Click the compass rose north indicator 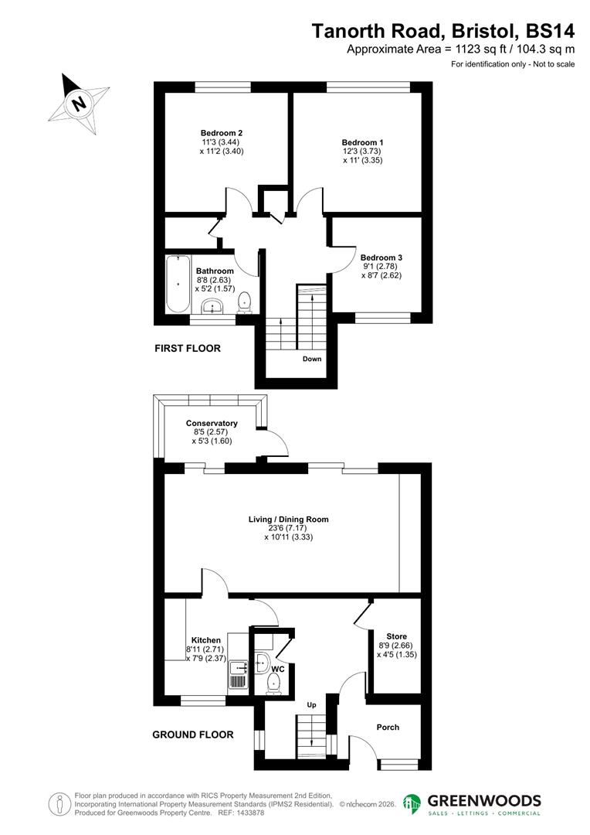pyautogui.click(x=78, y=102)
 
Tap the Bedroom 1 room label pyautogui.click(x=362, y=142)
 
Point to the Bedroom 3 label pyautogui.click(x=381, y=257)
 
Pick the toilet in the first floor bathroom pyautogui.click(x=245, y=302)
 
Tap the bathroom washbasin pyautogui.click(x=212, y=307)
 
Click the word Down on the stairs pyautogui.click(x=312, y=359)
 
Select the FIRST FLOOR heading pyautogui.click(x=188, y=349)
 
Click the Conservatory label pyautogui.click(x=212, y=423)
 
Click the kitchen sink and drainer pyautogui.click(x=238, y=672)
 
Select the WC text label pyautogui.click(x=278, y=669)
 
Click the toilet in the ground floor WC pyautogui.click(x=273, y=683)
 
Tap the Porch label pyautogui.click(x=388, y=727)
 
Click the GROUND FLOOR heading pyautogui.click(x=193, y=734)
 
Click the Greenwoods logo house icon pyautogui.click(x=413, y=805)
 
